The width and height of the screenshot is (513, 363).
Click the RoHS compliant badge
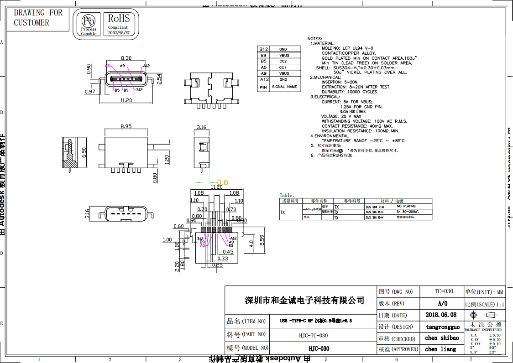tap(118, 24)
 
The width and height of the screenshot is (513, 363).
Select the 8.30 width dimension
tap(126, 58)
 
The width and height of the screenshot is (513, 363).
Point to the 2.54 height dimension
tap(159, 78)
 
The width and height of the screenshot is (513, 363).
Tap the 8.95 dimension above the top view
tap(126, 126)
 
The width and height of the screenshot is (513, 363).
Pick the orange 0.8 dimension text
tap(222, 182)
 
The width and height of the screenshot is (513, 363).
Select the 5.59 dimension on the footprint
tap(262, 240)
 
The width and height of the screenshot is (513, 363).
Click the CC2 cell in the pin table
tap(283, 61)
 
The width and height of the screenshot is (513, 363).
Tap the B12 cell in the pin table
tap(263, 49)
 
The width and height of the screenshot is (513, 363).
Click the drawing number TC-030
tap(444, 291)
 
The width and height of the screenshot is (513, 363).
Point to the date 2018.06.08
tap(440, 315)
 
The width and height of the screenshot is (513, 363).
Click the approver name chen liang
tap(440, 349)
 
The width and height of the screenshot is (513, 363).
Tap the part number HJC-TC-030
tap(310, 335)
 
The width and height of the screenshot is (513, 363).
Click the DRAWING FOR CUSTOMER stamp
tap(38, 18)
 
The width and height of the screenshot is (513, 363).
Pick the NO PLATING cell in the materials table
tap(406, 206)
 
